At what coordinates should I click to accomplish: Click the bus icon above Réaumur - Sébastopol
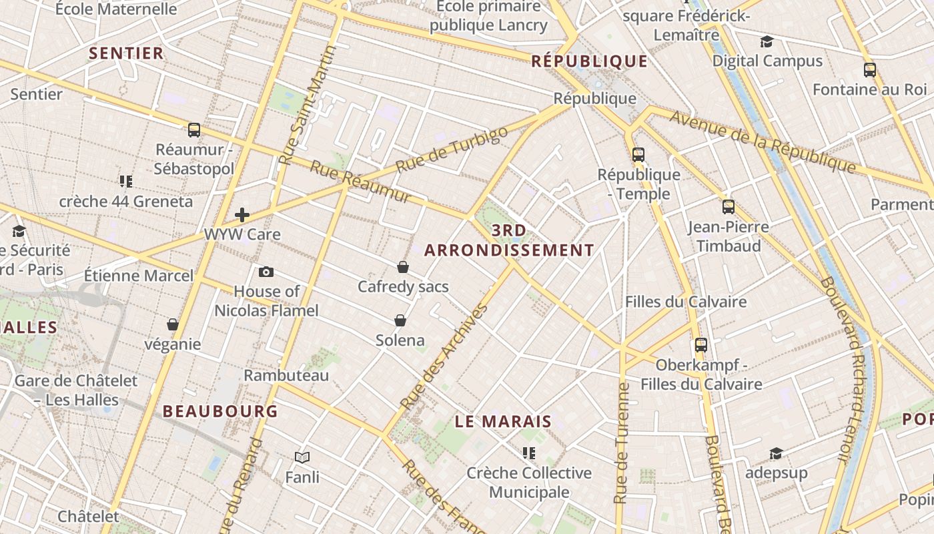pyautogui.click(x=194, y=130)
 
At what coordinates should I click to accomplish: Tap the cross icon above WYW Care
pyautogui.click(x=242, y=215)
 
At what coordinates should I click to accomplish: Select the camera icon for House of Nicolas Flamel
pyautogui.click(x=266, y=272)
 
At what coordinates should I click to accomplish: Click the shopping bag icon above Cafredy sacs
pyautogui.click(x=403, y=267)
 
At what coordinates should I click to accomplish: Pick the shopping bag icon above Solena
pyautogui.click(x=400, y=320)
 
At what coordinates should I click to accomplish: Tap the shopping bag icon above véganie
pyautogui.click(x=173, y=324)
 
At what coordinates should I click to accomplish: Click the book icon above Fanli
pyautogui.click(x=302, y=457)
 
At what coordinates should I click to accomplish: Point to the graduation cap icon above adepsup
pyautogui.click(x=776, y=454)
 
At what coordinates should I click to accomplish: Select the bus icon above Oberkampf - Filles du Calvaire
pyautogui.click(x=701, y=345)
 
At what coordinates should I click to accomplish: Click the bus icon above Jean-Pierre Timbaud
pyautogui.click(x=729, y=207)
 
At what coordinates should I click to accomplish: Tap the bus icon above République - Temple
pyautogui.click(x=638, y=155)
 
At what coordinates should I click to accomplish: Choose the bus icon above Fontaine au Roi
pyautogui.click(x=870, y=69)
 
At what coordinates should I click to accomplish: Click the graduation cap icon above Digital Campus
pyautogui.click(x=767, y=42)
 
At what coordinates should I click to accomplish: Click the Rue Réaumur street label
pyautogui.click(x=361, y=182)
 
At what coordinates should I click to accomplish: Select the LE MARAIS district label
pyautogui.click(x=504, y=421)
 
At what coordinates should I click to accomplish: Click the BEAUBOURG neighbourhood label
pyautogui.click(x=220, y=411)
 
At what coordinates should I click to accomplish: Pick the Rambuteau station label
pyautogui.click(x=286, y=375)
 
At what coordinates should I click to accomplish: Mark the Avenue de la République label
pyautogui.click(x=763, y=142)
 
